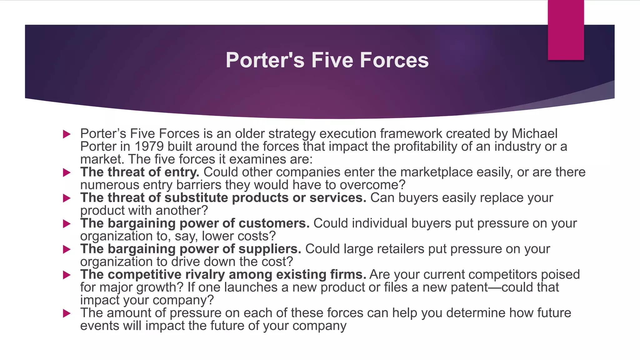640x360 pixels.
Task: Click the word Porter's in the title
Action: point(265,60)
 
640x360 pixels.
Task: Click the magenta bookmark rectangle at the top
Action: point(566,30)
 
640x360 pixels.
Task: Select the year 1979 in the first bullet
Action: point(149,147)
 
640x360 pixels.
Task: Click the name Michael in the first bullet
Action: point(534,134)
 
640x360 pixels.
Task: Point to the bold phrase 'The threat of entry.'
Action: point(140,172)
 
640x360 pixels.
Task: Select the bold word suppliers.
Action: point(270,249)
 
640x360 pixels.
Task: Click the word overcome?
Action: point(372,185)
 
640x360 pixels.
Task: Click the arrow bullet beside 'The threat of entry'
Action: point(67,172)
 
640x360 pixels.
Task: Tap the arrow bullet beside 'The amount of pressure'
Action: point(67,313)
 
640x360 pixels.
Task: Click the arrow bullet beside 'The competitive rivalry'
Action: point(67,275)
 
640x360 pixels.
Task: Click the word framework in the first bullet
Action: point(411,134)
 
